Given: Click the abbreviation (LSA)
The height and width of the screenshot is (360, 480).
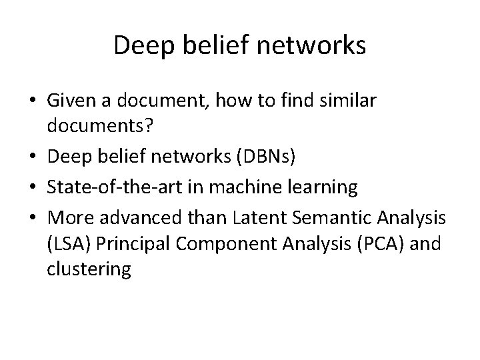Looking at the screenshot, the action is pyautogui.click(x=69, y=243).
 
